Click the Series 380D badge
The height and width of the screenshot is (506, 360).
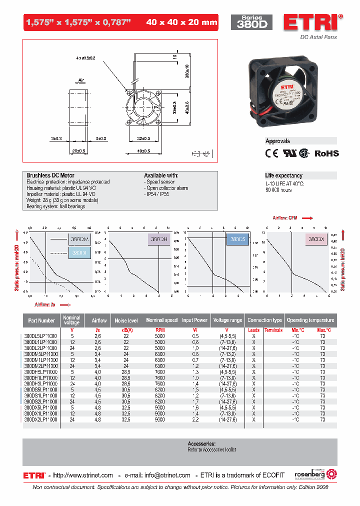tap(251, 21)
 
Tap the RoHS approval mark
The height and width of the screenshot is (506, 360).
tap(326, 153)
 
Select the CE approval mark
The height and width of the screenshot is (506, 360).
tap(271, 153)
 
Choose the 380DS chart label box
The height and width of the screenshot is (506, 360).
tap(237, 239)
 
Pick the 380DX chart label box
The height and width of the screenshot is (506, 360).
tap(316, 239)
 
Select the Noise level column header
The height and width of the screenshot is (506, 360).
tap(126, 320)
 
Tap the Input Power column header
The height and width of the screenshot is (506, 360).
tap(194, 320)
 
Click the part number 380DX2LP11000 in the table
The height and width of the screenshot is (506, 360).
tap(40, 419)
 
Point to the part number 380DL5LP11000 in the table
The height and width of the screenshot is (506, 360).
tap(40, 336)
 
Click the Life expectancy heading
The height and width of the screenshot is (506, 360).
tap(283, 175)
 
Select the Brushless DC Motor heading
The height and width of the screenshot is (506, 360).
tap(50, 175)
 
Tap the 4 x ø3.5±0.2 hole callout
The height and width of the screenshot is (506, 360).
tap(85, 58)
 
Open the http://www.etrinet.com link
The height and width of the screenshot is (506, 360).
tap(82, 475)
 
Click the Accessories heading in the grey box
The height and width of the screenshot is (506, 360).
tap(201, 443)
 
